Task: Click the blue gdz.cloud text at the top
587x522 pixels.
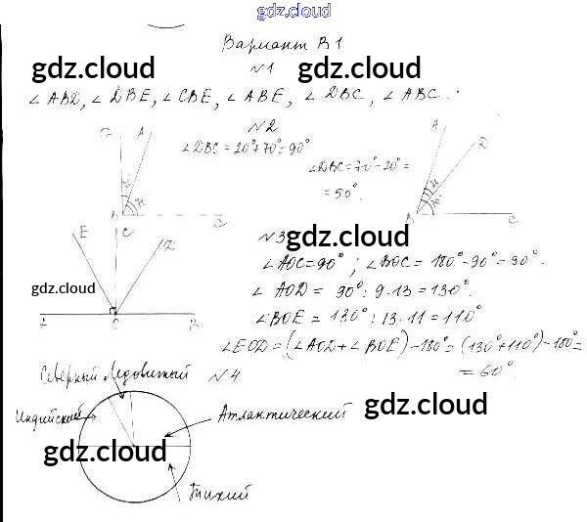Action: coord(293,11)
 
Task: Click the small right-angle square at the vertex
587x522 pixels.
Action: coord(113,311)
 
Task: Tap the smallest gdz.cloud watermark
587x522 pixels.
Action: coord(63,288)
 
